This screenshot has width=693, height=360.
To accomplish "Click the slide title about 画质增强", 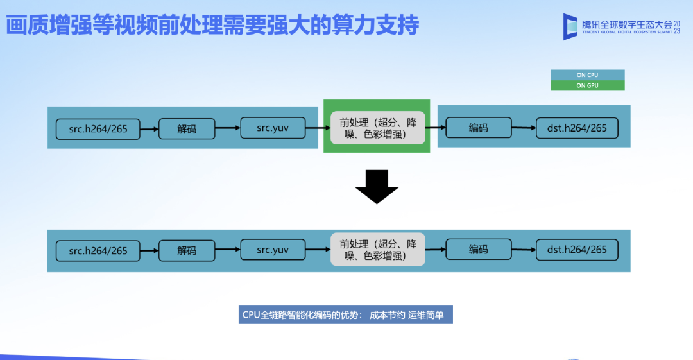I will point(212,26).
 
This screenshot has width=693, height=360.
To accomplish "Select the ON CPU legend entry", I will point(587,75).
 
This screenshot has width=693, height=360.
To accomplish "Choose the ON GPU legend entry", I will point(587,85).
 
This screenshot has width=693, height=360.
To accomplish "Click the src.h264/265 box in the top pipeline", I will point(98,129).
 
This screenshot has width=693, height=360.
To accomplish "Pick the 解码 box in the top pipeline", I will point(187,129).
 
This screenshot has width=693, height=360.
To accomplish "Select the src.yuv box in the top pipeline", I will point(273,128).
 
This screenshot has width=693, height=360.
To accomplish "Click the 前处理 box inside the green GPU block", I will point(378,126).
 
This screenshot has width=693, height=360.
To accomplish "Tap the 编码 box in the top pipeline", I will point(478,128).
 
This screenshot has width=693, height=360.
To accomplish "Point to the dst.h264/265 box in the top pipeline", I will point(577,128).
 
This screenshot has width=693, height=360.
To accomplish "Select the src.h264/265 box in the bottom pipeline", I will point(98,250).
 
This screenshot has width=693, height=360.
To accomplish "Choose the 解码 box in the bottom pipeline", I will point(187,250).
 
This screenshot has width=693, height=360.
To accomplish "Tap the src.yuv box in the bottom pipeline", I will point(273,250).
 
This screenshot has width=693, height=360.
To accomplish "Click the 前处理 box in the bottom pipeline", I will point(378,249).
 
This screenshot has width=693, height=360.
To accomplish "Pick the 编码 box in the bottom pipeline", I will point(478,249).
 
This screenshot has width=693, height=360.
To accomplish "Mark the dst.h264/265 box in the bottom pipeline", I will point(577,249).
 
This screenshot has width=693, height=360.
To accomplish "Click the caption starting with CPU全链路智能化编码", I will point(346,315).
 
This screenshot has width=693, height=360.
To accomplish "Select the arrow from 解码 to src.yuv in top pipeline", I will point(227,128).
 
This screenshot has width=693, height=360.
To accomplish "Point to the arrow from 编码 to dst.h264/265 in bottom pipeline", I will point(524,250).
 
